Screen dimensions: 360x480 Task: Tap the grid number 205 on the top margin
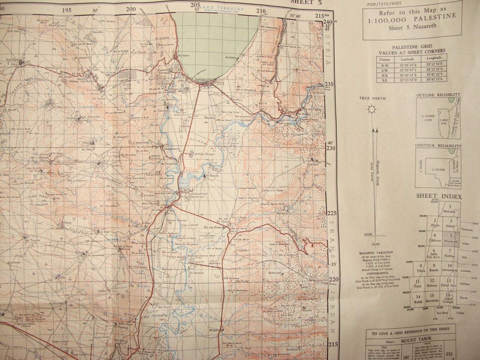(x=196, y=5)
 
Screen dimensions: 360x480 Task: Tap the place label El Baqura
(x=213, y=175)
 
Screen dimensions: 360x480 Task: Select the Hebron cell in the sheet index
(x=432, y=283)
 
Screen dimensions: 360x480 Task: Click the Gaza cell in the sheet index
(x=418, y=283)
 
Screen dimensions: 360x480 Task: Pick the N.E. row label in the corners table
(x=385, y=75)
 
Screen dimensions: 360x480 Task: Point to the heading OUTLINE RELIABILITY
(x=438, y=95)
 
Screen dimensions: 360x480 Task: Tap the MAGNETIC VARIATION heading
(x=376, y=253)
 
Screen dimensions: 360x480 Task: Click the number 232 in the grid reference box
(x=449, y=354)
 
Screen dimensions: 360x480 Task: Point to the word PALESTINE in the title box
(x=435, y=18)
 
